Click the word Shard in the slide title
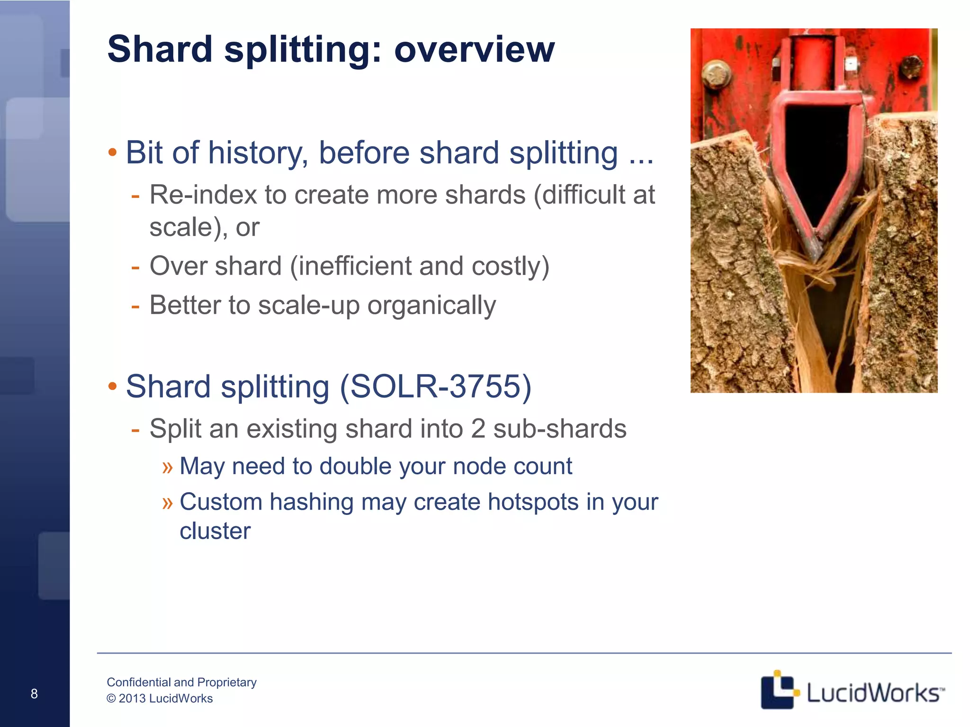pos(160,49)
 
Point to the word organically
pos(431,305)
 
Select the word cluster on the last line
pos(215,531)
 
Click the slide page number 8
pos(34,694)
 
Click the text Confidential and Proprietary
pos(181,682)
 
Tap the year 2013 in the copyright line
pos(132,699)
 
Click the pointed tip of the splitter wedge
pos(814,258)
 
